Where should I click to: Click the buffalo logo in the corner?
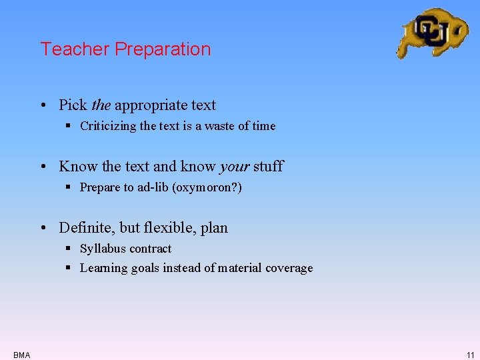(x=432, y=33)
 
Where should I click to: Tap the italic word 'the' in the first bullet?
(x=101, y=105)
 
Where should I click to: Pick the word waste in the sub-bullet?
(x=215, y=126)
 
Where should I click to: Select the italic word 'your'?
(x=234, y=167)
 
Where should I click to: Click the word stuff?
(x=268, y=167)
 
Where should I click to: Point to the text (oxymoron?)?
(x=207, y=187)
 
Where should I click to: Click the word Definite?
(x=85, y=228)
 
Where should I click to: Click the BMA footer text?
(x=21, y=355)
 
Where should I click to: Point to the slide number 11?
(x=470, y=355)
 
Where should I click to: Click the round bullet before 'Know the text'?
(x=43, y=167)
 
